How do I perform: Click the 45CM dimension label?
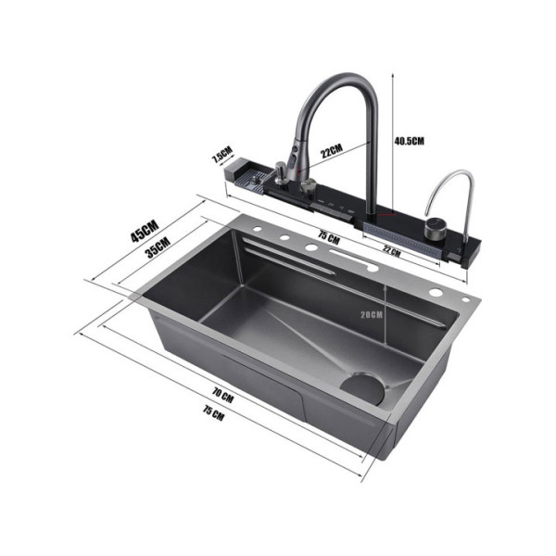click(x=145, y=231)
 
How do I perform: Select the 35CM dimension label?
click(x=158, y=247)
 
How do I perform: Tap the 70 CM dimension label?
click(x=223, y=396)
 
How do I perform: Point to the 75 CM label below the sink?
click(x=213, y=413)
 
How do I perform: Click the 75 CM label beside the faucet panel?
click(x=329, y=236)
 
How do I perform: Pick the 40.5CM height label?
click(x=410, y=141)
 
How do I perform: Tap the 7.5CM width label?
click(x=222, y=154)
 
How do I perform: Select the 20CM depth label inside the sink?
click(x=372, y=314)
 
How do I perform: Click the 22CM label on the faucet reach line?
click(x=332, y=150)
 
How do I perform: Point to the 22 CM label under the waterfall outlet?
click(x=391, y=251)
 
